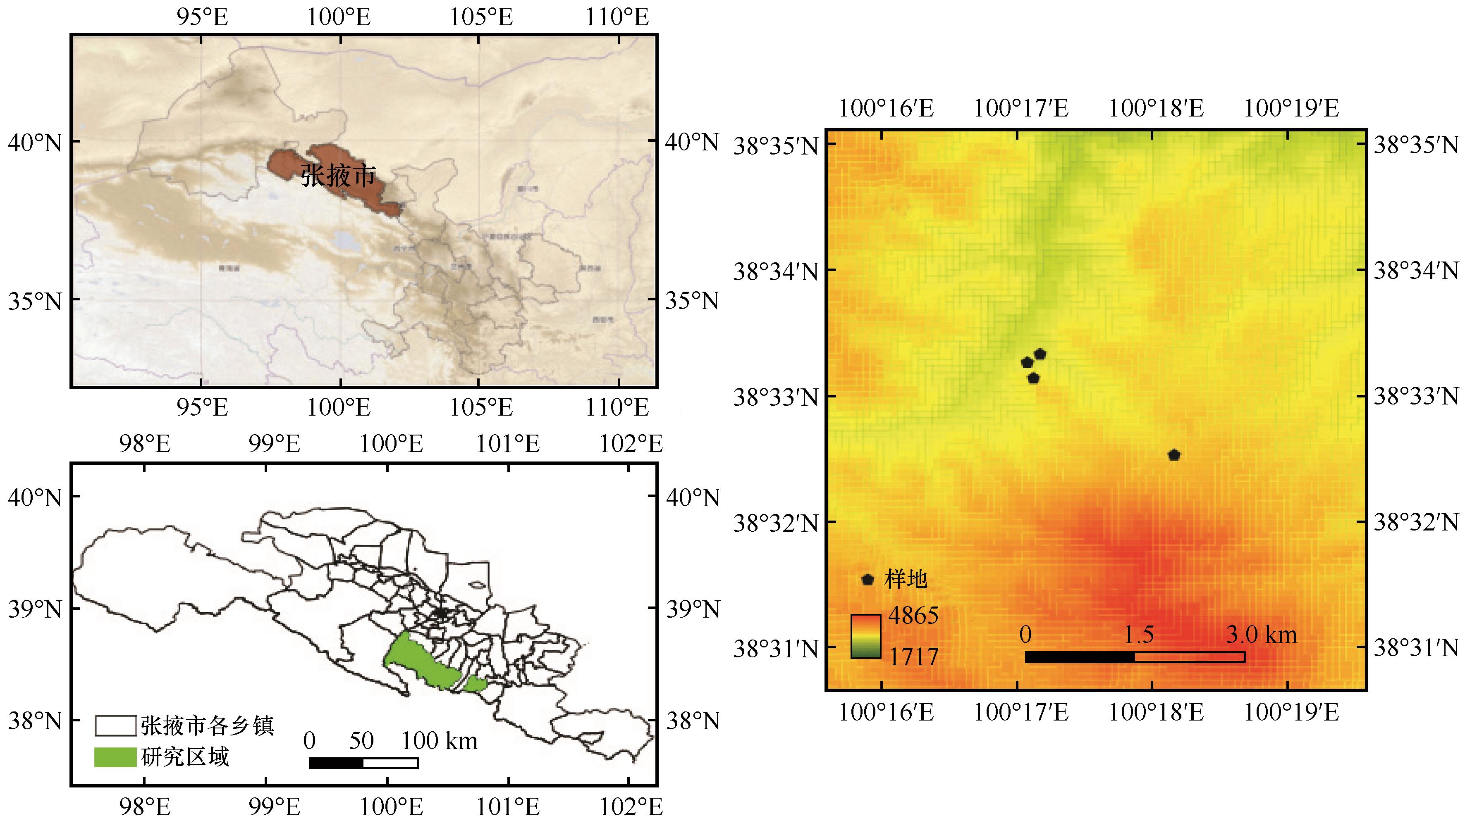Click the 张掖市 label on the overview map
338,176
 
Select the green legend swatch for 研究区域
115,756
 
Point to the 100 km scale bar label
439,741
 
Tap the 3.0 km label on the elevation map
1261,634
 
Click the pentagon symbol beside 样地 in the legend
867,580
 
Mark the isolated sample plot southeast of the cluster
1174,455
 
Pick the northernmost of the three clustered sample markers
1040,354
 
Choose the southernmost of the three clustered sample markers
1033,378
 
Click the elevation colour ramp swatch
865,636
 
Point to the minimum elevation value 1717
913,657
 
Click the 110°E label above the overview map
617,17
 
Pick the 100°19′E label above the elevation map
1292,108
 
